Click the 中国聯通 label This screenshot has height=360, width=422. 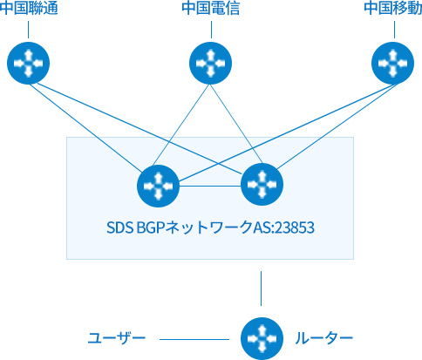click(29, 8)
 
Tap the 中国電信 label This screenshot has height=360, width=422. click(211, 8)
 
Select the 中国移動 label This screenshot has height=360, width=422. click(393, 8)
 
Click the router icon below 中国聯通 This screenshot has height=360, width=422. click(28, 63)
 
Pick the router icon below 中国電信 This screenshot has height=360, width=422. click(210, 63)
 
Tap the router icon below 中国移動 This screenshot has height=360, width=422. click(392, 63)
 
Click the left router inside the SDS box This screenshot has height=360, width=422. click(158, 186)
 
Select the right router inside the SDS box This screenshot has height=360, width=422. click(262, 184)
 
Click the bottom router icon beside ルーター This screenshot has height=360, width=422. click(262, 338)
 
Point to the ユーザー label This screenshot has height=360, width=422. click(117, 338)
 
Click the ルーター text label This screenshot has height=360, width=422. click(324, 338)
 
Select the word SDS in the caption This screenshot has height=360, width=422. click(119, 228)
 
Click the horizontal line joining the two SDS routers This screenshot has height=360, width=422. click(210, 186)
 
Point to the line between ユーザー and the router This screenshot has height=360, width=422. click(194, 339)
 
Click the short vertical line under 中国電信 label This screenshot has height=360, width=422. click(211, 30)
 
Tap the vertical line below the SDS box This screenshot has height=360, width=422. click(261, 289)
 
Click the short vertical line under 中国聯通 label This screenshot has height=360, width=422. click(28, 30)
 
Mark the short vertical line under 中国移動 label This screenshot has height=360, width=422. click(394, 30)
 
